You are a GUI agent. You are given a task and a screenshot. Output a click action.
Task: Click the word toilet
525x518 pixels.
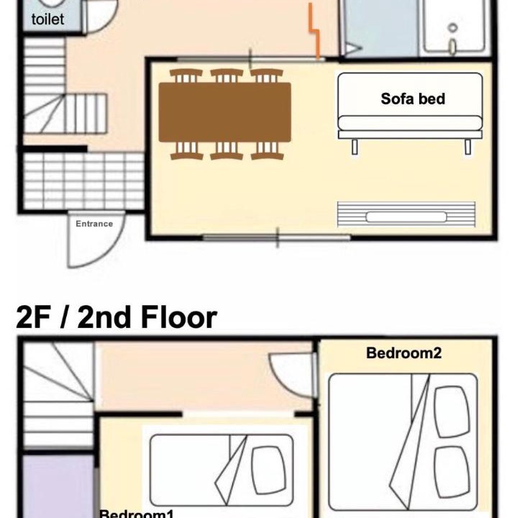48,19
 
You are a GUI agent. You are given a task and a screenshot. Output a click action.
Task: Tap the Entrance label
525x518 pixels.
94,224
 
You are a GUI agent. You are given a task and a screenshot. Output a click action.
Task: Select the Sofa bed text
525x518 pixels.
413,99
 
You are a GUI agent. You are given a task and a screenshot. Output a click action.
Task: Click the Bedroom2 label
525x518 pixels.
403,353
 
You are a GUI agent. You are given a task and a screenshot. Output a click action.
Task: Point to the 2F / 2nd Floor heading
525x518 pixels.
117,317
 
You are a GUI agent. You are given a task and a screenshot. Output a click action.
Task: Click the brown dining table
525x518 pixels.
224,112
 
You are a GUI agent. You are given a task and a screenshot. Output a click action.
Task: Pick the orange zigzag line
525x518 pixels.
314,31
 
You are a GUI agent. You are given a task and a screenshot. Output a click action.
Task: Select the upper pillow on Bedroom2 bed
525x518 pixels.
452,412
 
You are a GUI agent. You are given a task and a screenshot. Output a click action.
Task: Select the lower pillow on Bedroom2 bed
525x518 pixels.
452,472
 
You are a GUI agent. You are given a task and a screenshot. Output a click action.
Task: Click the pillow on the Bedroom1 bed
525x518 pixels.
269,470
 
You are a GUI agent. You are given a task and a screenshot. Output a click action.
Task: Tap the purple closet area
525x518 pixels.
58,486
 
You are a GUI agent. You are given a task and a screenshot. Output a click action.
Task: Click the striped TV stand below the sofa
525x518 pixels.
406,214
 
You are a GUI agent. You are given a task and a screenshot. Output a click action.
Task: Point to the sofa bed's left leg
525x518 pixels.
355,147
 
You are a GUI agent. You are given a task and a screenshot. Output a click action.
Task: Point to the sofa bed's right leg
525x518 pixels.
468,147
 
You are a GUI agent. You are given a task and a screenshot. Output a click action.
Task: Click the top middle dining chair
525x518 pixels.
227,76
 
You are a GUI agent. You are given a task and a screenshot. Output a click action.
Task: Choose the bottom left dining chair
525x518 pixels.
187,150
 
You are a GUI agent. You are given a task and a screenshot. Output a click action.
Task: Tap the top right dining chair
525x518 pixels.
267,76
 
